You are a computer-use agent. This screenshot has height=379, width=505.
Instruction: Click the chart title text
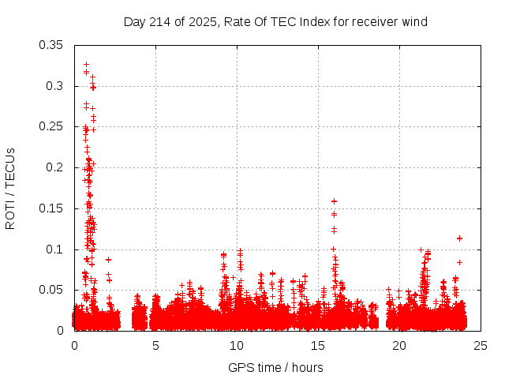point(275,21)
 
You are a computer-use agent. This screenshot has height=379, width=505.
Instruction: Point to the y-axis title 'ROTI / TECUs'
point(10,188)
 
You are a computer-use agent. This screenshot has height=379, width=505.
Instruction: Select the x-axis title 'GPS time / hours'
point(275,367)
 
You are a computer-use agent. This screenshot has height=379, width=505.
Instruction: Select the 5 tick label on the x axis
point(155,345)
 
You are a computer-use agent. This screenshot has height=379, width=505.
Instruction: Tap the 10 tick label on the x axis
point(237,345)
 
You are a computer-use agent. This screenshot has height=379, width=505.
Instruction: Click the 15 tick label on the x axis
point(318,345)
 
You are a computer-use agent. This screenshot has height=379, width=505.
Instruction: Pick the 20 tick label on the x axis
point(399,345)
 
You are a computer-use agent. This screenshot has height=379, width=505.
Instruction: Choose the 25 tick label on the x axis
point(481,345)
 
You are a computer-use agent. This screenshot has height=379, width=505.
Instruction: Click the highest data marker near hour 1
point(86,64)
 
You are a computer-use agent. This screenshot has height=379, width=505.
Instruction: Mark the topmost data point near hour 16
point(334,201)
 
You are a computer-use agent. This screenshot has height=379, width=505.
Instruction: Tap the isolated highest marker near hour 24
point(459,238)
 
